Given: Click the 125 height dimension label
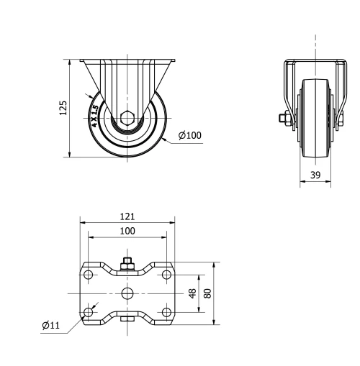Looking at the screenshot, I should pyautogui.click(x=63, y=108).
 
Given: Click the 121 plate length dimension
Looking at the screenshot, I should pyautogui.click(x=127, y=216).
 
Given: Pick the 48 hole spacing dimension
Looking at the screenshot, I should pyautogui.click(x=192, y=293).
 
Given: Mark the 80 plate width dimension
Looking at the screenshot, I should pyautogui.click(x=207, y=293).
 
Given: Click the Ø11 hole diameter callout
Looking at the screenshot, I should pyautogui.click(x=50, y=326).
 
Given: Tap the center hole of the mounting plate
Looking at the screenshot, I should pyautogui.click(x=127, y=293).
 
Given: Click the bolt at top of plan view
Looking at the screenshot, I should pyautogui.click(x=127, y=264).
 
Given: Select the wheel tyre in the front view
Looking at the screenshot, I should pyautogui.click(x=127, y=152).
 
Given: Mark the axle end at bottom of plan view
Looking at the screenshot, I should pyautogui.click(x=127, y=321).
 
